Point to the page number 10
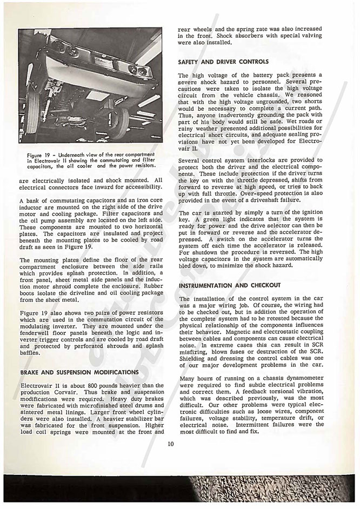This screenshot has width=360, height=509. click(171, 445)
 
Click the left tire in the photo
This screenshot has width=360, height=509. click(32, 113)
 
